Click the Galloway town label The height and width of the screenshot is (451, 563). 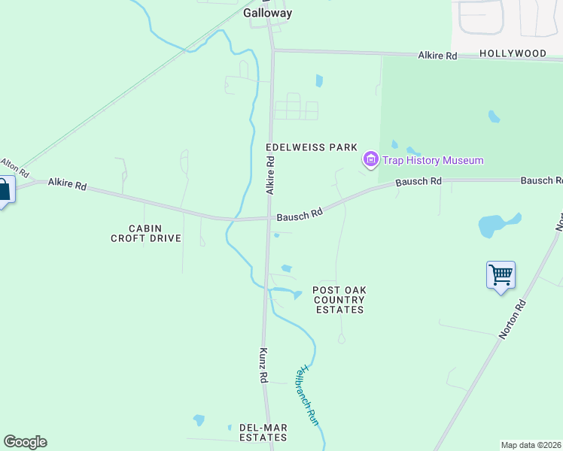pos(267,13)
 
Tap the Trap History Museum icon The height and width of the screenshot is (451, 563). pos(370,159)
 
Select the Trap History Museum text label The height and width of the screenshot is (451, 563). pos(432,160)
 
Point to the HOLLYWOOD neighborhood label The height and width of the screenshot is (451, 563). pos(513,54)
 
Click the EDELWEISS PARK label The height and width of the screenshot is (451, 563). pos(311,147)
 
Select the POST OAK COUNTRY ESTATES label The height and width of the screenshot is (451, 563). pos(339,299)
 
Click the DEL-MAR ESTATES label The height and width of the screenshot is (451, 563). pos(263,432)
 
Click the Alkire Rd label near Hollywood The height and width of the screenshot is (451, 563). pos(437,56)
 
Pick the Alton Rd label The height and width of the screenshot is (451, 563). pos(14,165)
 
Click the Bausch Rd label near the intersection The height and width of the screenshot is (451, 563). pos(300,214)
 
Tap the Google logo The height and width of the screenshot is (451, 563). pos(25,442)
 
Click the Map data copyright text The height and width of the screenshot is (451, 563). pos(531,445)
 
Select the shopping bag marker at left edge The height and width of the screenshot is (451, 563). pos(4,190)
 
